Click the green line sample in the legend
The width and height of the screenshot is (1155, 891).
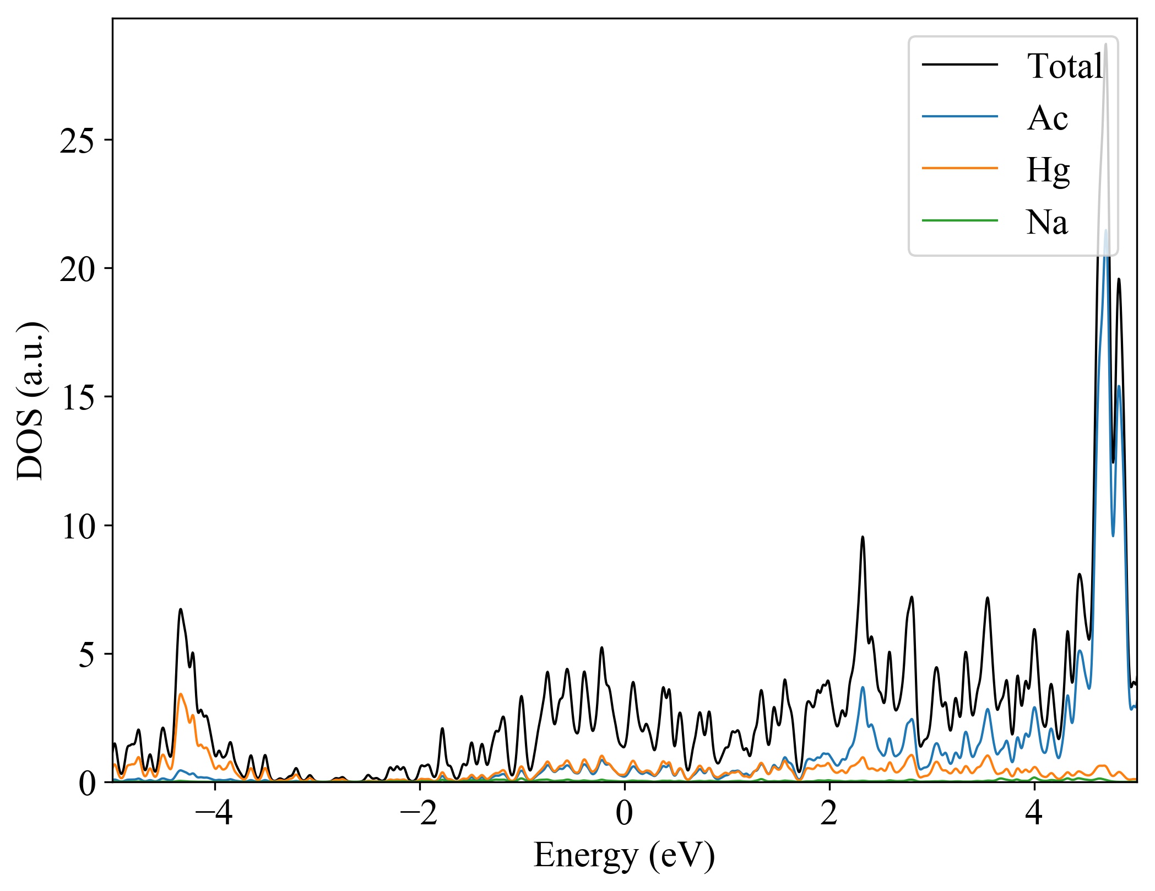tap(960, 221)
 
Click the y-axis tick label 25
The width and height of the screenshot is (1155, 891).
tap(78, 141)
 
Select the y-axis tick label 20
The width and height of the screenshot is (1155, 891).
tap(78, 269)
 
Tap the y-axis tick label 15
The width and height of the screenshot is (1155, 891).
tap(78, 398)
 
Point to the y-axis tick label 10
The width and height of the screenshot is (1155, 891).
tap(78, 527)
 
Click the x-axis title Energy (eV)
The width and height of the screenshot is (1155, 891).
tap(624, 856)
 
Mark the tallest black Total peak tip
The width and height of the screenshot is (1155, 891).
tap(1105, 44)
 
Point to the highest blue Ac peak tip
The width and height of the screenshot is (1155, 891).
tap(1105, 230)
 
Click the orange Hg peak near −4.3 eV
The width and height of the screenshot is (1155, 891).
tap(181, 694)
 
